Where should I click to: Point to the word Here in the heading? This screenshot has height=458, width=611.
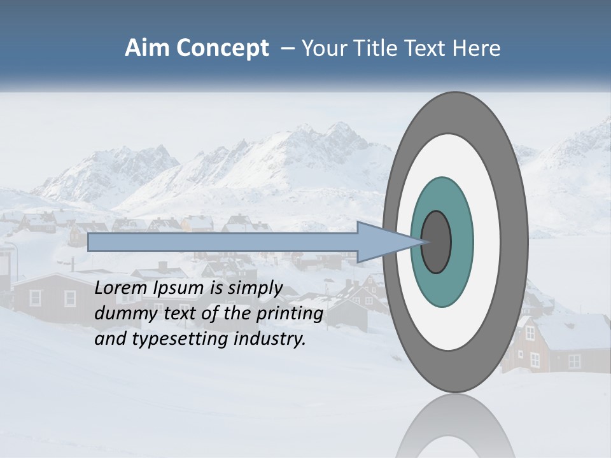point(477,48)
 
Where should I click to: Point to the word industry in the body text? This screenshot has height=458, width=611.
point(269,338)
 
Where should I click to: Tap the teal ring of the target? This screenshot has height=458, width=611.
point(442,286)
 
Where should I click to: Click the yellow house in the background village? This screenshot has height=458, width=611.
point(197,223)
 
